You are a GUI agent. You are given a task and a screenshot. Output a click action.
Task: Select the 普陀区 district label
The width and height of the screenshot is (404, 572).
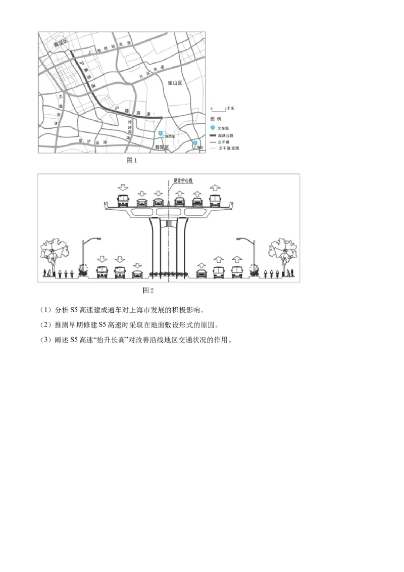(162, 147)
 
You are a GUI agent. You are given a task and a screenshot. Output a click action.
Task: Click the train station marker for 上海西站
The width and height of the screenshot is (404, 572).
(161, 133)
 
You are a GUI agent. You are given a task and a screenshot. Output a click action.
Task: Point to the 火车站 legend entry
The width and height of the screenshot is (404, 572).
(224, 128)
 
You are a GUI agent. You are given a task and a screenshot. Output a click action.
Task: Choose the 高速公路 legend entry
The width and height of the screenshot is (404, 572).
(224, 135)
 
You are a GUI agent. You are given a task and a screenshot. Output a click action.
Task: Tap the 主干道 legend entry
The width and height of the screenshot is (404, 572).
(224, 142)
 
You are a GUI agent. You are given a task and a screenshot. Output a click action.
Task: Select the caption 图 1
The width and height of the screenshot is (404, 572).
(132, 160)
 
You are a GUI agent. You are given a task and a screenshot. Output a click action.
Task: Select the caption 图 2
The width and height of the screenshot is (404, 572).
(148, 290)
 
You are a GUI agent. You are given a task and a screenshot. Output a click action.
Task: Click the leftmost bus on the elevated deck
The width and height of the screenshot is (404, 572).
(122, 201)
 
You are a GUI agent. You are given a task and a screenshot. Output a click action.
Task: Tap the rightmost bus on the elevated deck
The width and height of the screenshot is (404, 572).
(216, 201)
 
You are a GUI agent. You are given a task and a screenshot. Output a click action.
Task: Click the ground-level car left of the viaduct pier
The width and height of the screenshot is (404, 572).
(137, 274)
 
